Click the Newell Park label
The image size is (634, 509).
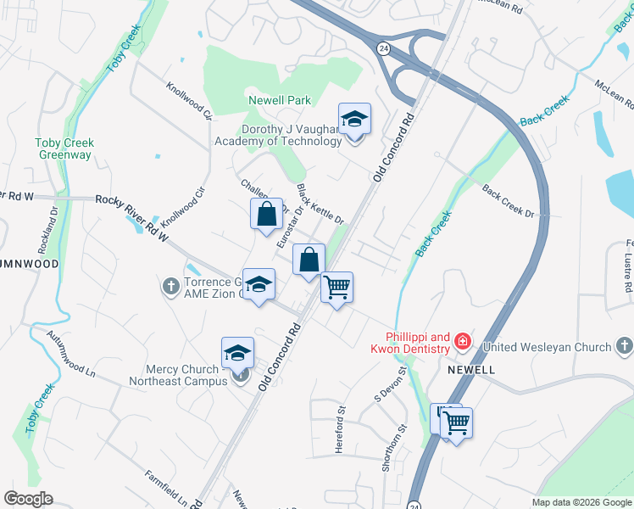[280, 100]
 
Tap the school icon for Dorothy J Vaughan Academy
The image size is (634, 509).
[354, 121]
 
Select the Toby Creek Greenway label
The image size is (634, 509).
[65, 149]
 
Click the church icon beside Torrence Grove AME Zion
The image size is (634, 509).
[170, 287]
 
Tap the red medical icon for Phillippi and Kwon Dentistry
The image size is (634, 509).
[463, 342]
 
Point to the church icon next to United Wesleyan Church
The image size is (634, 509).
[624, 346]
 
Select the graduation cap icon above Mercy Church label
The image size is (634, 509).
[238, 355]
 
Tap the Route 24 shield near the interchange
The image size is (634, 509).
[383, 49]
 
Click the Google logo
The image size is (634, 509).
[28, 499]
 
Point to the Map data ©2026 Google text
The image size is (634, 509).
[581, 502]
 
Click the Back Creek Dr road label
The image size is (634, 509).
[509, 201]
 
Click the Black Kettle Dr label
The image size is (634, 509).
[320, 204]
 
